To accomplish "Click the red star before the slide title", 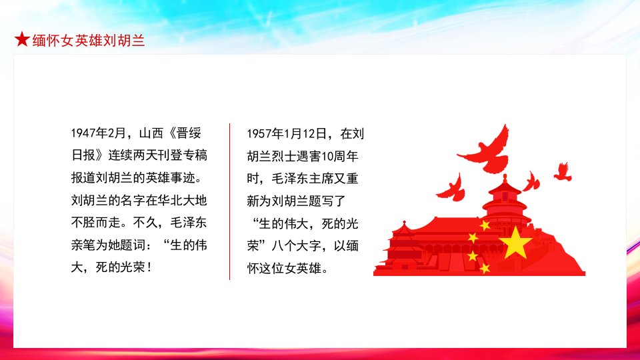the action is [22, 39].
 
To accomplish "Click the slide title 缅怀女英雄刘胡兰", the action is [89, 41].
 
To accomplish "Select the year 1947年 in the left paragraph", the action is [89, 133].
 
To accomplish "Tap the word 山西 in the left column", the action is [151, 133].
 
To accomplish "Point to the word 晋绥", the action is [189, 133].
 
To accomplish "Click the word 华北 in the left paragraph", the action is [170, 201].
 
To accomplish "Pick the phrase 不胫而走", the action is [96, 223].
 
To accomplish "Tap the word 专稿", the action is [195, 155].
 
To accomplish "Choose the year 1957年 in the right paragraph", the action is [265, 134].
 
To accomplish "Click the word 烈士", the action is [284, 156].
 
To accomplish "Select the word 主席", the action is [321, 179].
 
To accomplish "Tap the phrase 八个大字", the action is [296, 246].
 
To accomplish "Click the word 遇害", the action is [309, 156].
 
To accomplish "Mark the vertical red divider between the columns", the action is [230, 201].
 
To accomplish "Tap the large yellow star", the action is [515, 243].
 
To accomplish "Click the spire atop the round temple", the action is [505, 179].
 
